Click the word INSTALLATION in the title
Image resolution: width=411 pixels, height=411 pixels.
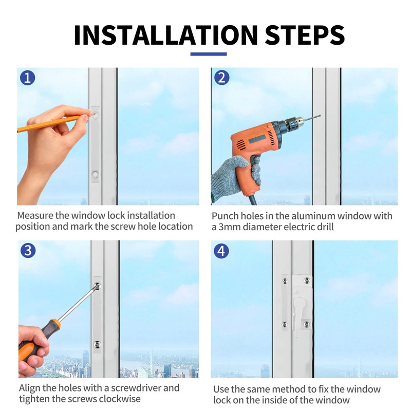pyautogui.click(x=166, y=35)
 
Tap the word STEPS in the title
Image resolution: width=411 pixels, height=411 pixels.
pyautogui.click(x=305, y=35)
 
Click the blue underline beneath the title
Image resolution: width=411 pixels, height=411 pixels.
pyautogui.click(x=209, y=54)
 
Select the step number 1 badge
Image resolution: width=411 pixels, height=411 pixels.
pyautogui.click(x=28, y=78)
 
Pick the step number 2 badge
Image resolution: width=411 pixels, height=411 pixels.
pyautogui.click(x=222, y=78)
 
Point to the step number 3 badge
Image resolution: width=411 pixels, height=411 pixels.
pyautogui.click(x=28, y=250)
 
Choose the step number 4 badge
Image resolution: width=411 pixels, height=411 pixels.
pyautogui.click(x=221, y=251)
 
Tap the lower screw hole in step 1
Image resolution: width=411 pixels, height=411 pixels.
pyautogui.click(x=95, y=174)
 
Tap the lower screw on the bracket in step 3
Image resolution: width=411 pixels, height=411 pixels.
pyautogui.click(x=97, y=344)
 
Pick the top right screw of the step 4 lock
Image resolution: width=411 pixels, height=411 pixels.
pyautogui.click(x=307, y=281)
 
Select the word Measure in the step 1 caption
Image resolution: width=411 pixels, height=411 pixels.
pyautogui.click(x=35, y=215)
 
